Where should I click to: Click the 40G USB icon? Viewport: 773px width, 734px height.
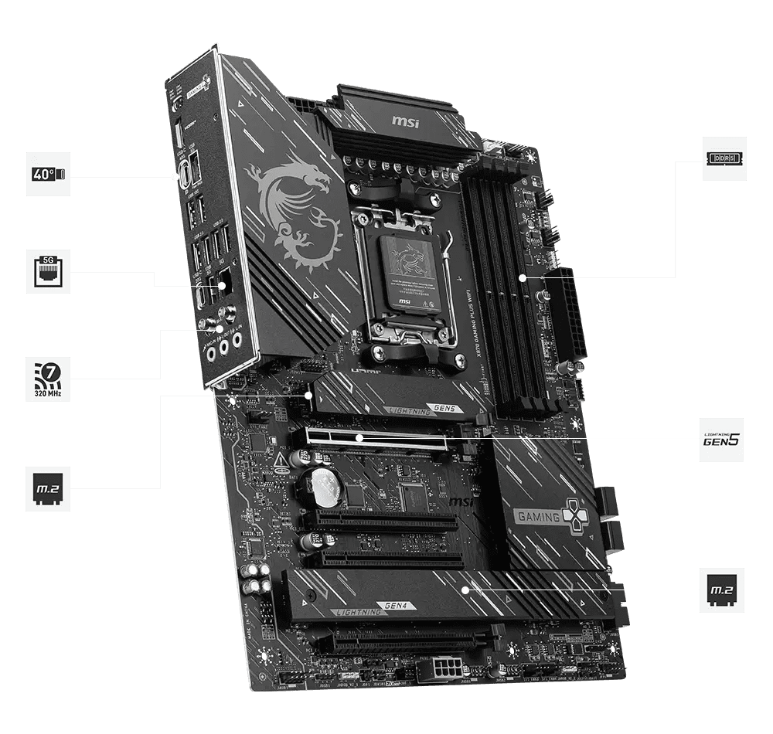(x=48, y=174)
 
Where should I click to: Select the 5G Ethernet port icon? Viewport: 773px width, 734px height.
(x=48, y=271)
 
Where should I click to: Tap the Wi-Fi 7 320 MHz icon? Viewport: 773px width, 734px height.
(x=48, y=379)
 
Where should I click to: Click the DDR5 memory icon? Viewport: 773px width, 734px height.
(x=724, y=158)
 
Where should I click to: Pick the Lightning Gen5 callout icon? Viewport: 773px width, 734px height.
(x=721, y=440)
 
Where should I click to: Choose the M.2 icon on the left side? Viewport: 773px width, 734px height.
(x=48, y=488)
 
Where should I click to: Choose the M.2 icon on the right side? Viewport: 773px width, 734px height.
(x=721, y=590)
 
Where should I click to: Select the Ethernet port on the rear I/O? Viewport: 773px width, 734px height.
(x=224, y=284)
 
